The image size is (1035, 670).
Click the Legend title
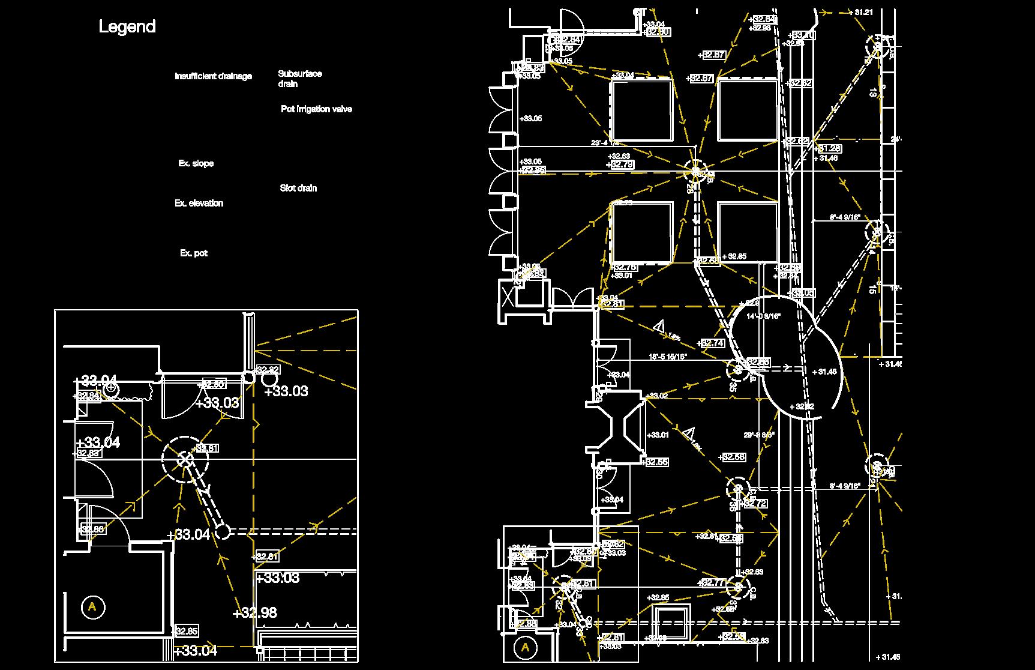tap(127, 26)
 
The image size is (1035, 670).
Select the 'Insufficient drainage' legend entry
tap(213, 76)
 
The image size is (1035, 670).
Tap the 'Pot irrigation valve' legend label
tap(316, 109)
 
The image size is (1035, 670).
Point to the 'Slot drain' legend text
tap(298, 188)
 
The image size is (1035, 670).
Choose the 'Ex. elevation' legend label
tap(199, 204)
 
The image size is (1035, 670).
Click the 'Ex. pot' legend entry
tap(193, 253)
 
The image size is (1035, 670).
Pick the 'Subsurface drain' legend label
tap(299, 79)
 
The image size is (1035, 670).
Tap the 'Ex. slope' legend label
tap(196, 163)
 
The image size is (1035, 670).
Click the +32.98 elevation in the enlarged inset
tap(254, 613)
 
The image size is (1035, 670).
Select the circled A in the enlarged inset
tap(92, 607)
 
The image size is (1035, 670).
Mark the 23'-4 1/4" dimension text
tap(605, 143)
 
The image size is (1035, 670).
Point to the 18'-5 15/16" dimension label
tap(668, 357)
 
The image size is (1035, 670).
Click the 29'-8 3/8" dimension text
tap(759, 435)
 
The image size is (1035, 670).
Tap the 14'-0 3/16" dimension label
tap(763, 316)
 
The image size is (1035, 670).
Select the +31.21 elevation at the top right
tap(860, 12)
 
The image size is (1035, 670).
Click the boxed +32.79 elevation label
tap(620, 164)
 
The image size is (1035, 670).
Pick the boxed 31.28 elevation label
tap(828, 148)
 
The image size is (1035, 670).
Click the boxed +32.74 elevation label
tap(712, 343)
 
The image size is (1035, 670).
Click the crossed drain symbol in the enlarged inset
tap(185, 460)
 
